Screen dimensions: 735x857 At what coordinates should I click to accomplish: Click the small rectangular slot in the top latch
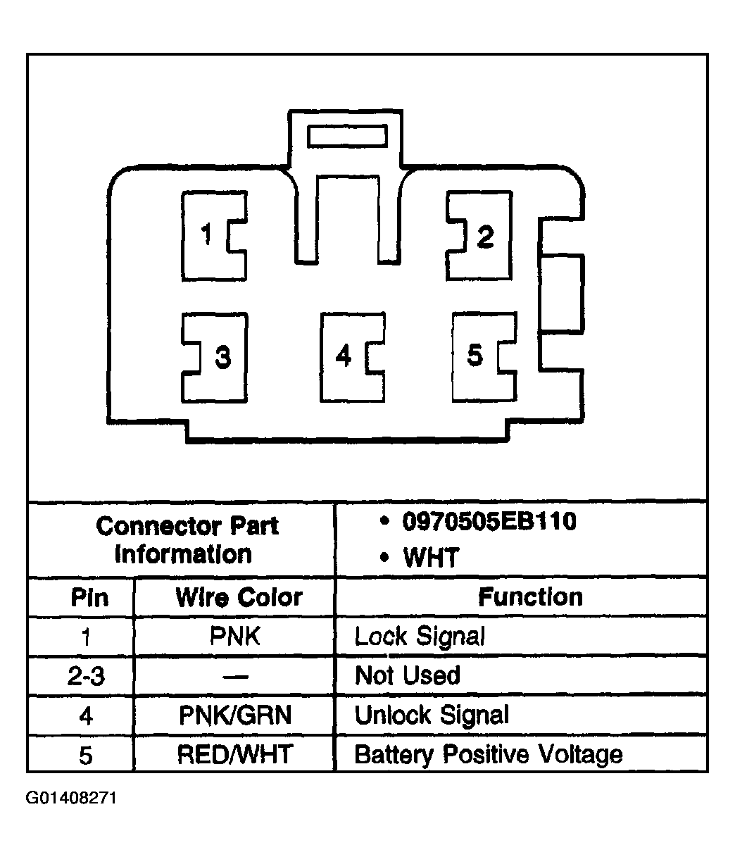click(x=347, y=136)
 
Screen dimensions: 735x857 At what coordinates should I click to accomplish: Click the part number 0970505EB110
click(x=489, y=521)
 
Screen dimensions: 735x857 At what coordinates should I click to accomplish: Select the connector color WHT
click(x=431, y=557)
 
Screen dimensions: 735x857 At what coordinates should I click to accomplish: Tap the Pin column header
click(x=89, y=597)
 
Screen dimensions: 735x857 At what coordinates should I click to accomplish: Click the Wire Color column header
click(x=239, y=597)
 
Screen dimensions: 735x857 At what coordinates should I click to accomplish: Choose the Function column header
click(x=530, y=597)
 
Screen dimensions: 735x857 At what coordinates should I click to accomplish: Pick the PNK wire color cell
click(x=235, y=636)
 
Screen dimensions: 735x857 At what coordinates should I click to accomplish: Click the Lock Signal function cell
click(x=420, y=637)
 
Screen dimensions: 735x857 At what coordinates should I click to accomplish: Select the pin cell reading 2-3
click(x=86, y=676)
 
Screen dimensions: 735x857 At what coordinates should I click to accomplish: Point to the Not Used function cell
click(x=408, y=675)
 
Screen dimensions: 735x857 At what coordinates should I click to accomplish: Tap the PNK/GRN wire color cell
click(x=235, y=715)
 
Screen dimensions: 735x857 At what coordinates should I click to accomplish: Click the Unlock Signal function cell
click(x=432, y=716)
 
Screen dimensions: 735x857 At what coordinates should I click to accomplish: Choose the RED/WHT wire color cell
click(x=235, y=754)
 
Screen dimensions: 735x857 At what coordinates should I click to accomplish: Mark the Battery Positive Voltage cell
click(x=489, y=755)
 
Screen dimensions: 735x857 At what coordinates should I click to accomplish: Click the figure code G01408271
click(x=71, y=798)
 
